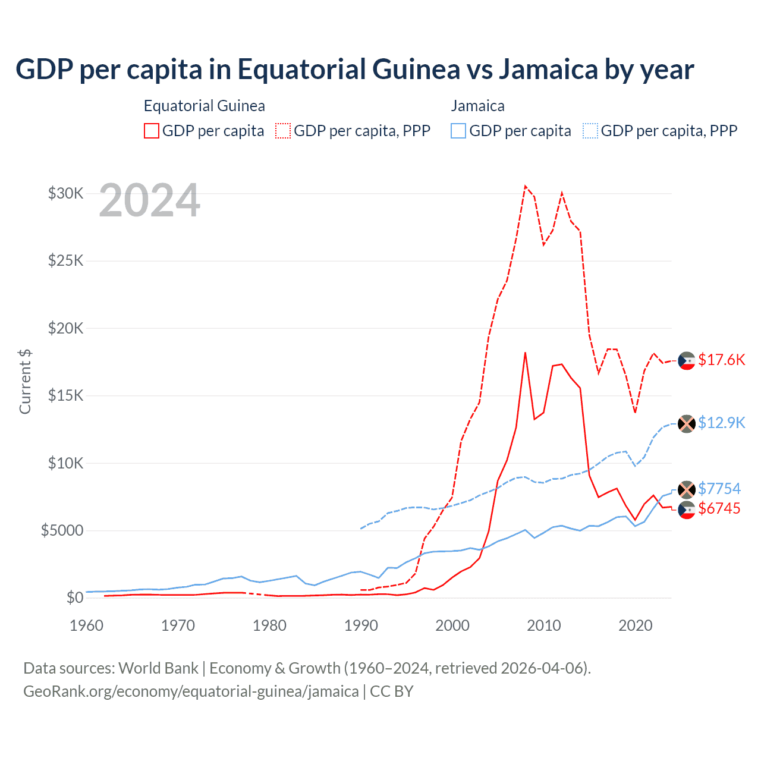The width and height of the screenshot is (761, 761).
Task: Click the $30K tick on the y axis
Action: [x=65, y=193]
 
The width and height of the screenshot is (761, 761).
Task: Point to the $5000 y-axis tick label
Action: [x=62, y=530]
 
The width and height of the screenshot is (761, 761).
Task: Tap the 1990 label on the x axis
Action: [x=361, y=625]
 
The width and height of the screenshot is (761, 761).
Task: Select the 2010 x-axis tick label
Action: [x=544, y=625]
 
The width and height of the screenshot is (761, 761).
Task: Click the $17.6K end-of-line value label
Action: [x=721, y=360]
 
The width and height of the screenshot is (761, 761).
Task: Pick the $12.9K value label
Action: [x=721, y=423]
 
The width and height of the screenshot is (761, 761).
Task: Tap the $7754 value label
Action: [x=719, y=489]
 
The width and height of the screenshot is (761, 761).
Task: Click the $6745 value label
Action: [x=719, y=508]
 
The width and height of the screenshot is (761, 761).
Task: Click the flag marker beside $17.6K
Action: [x=687, y=360]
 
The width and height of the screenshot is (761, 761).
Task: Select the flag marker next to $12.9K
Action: [x=687, y=424]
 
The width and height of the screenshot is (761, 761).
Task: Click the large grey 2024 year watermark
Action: [x=149, y=201]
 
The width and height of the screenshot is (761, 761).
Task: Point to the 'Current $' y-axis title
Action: [x=25, y=382]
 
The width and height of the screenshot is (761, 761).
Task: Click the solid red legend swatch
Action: [x=152, y=131]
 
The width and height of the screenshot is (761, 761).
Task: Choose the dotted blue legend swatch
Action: [x=590, y=131]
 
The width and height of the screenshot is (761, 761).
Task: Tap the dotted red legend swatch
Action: [x=283, y=131]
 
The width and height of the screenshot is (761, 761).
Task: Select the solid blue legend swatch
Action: [x=458, y=131]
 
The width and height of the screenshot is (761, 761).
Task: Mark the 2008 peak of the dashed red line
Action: [x=525, y=186]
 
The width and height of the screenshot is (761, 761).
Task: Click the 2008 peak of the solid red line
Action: [x=525, y=353]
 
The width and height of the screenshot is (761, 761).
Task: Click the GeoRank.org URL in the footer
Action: [x=191, y=691]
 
